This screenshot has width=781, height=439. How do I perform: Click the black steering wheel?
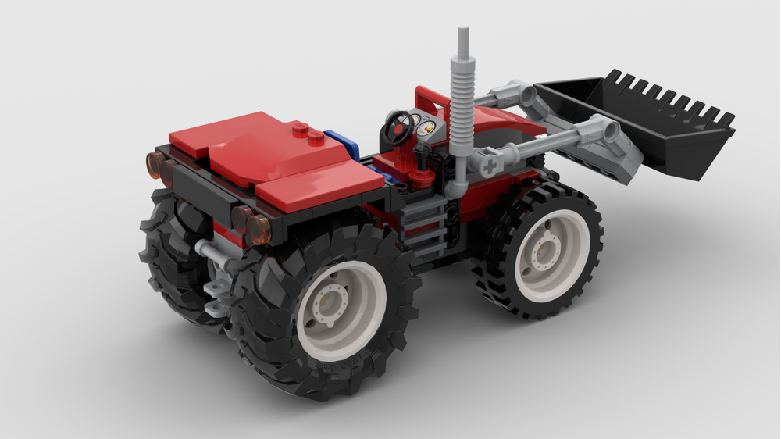[x=399, y=126]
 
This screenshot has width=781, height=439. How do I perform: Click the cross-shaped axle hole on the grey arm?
[x=490, y=166]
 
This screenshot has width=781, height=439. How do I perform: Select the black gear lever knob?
[x=424, y=148]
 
